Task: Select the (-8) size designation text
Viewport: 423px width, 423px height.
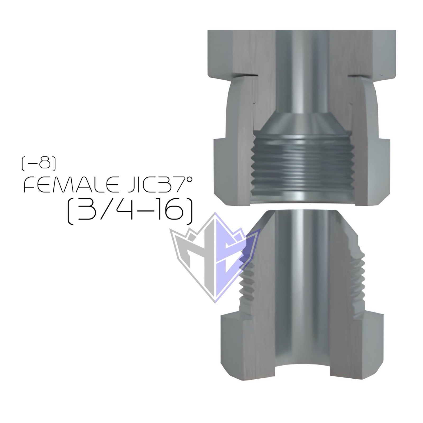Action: click(x=39, y=164)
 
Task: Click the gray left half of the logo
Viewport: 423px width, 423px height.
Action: click(x=196, y=262)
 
